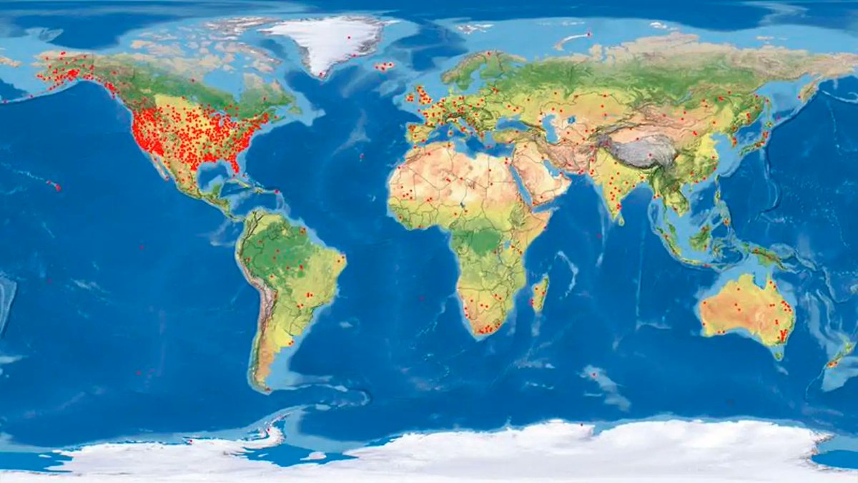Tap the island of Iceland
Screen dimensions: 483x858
(385, 67)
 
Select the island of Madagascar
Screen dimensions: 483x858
(539, 293)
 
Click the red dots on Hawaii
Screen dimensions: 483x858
(55, 186)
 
